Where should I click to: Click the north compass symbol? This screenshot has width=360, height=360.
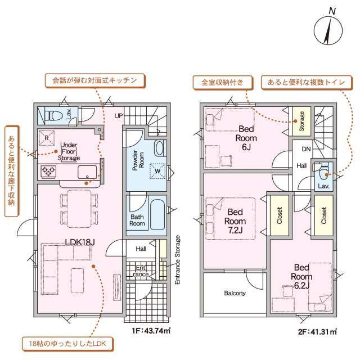tap(327, 30)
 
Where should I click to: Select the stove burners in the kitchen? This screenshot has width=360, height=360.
tap(47, 171)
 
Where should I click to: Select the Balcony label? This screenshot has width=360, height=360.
tap(235, 293)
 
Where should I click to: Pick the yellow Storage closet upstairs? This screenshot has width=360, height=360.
tap(301, 120)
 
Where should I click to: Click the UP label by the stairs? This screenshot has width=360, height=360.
tap(119, 116)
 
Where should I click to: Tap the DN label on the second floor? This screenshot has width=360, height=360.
tap(306, 149)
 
